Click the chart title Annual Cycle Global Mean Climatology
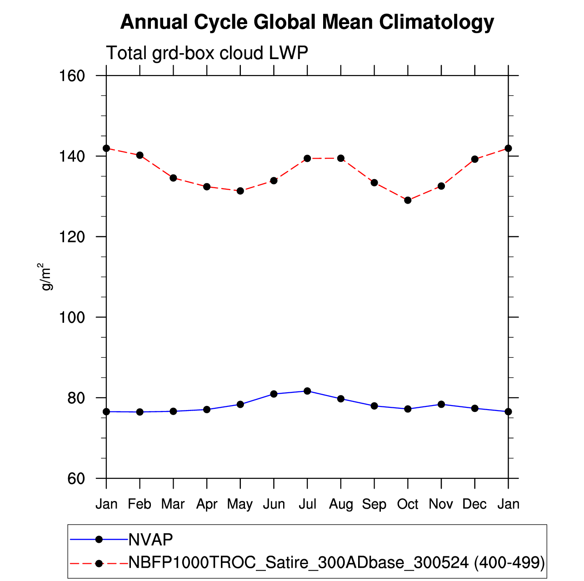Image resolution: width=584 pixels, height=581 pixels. pyautogui.click(x=307, y=22)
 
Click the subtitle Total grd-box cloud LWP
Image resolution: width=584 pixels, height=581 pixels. pyautogui.click(x=207, y=53)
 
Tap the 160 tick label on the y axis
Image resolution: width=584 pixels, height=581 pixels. pyautogui.click(x=73, y=75)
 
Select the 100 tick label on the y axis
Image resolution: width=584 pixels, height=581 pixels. pyautogui.click(x=73, y=317)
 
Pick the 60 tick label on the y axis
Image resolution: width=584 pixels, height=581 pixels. pyautogui.click(x=76, y=479)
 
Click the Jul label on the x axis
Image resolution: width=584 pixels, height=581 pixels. pyautogui.click(x=307, y=504)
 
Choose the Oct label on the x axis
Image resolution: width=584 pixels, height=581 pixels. pyautogui.click(x=408, y=504)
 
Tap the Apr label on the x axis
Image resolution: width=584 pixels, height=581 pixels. pyautogui.click(x=207, y=504)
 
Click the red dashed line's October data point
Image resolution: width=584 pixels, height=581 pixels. pyautogui.click(x=408, y=200)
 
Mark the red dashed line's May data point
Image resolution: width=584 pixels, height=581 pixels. pyautogui.click(x=240, y=191)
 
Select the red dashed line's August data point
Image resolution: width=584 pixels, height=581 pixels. pyautogui.click(x=341, y=158)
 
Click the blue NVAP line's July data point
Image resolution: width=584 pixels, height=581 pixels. pyautogui.click(x=307, y=391)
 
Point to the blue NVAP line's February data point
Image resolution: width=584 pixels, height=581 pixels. pyautogui.click(x=140, y=412)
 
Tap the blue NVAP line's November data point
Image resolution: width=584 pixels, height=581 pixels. pyautogui.click(x=441, y=404)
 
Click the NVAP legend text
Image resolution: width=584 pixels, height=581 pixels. pyautogui.click(x=151, y=540)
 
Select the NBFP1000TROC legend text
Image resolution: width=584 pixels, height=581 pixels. pyautogui.click(x=336, y=563)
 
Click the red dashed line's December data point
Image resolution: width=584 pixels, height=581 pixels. pyautogui.click(x=475, y=159)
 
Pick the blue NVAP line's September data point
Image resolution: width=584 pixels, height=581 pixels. pyautogui.click(x=374, y=406)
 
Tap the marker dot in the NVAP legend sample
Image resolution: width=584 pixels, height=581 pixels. pyautogui.click(x=99, y=540)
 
